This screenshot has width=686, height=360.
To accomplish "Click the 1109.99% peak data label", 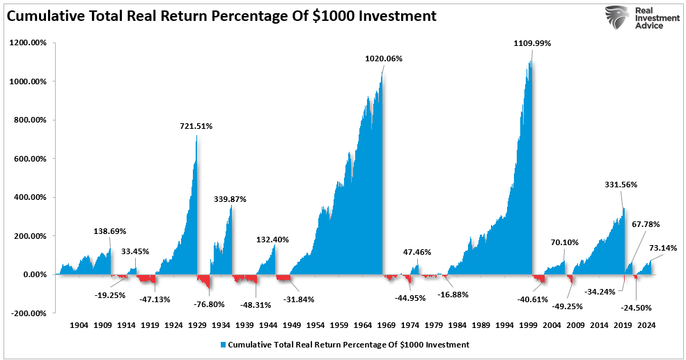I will point(532,43).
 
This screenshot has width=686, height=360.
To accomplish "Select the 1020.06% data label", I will point(384,58).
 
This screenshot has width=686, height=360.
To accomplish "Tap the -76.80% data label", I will point(202,304).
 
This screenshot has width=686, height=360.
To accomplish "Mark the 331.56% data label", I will point(621,185).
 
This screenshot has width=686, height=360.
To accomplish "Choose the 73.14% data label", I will point(662,248).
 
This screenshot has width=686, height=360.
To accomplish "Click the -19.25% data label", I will point(109,295).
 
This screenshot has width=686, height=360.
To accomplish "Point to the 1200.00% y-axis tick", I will point(29,43).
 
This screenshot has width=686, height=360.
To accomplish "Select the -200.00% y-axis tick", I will point(29,313).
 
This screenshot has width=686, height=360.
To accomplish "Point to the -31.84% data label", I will point(298,299).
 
